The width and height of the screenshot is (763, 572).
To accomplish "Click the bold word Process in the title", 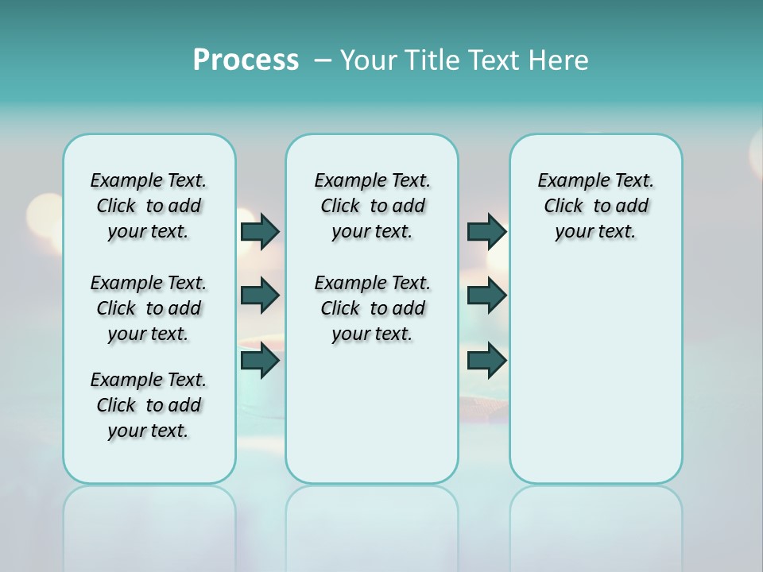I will pos(246,60).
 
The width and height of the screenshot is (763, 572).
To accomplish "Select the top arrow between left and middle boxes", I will pos(260,231).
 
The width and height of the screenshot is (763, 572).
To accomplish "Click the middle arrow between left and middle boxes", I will pos(260,296).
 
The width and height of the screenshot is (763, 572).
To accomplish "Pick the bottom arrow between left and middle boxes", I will pos(260,361).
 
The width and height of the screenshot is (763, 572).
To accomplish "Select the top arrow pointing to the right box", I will pos(486,231).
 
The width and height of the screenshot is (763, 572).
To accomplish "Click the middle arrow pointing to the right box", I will pos(486,296).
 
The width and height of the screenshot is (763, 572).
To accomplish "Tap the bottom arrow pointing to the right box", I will pos(486,361).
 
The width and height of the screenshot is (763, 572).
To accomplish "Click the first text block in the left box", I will pos(149,206).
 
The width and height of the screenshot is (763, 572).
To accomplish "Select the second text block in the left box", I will pos(149,308).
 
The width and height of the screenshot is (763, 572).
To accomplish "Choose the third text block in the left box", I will pos(149,405).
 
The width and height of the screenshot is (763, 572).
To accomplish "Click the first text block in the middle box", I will pos(372,206).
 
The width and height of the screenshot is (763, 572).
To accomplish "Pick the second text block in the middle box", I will pos(372,308).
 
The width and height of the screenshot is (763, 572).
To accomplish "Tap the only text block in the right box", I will pos(595,206).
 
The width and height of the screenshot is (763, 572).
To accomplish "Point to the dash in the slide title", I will pos(323,60).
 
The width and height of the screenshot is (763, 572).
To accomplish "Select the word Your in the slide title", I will pos(368,60).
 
